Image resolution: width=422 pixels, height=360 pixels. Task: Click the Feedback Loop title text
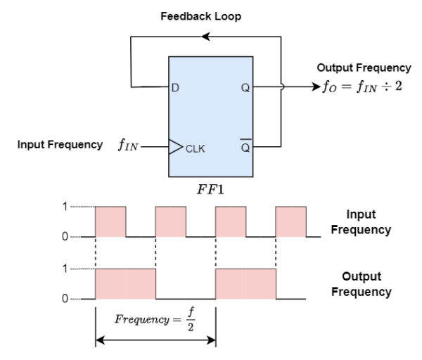(200, 16)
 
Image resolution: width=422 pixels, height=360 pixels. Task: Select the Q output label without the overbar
(245, 88)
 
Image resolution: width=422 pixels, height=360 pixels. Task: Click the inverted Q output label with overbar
(245, 147)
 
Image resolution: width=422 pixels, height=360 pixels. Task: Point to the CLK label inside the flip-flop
(195, 148)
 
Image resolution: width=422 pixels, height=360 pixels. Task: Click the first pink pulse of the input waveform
(110, 221)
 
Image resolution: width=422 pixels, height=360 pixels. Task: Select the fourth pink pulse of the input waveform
(291, 221)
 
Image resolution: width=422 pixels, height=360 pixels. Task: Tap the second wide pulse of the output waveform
(246, 283)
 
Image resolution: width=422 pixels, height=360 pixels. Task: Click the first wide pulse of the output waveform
(125, 283)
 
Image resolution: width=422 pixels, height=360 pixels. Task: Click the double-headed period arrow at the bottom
(155, 340)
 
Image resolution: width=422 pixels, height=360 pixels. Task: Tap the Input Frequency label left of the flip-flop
(60, 145)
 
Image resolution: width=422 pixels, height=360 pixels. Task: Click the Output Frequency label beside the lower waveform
(361, 284)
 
